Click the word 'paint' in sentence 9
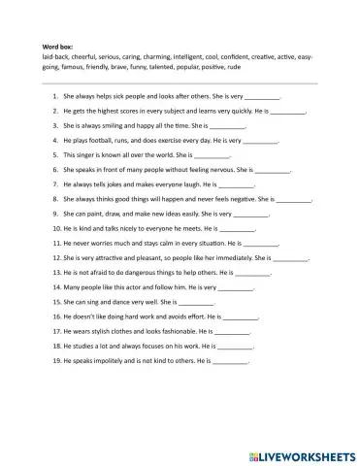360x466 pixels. [95, 212]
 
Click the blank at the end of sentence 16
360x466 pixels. [241, 317]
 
